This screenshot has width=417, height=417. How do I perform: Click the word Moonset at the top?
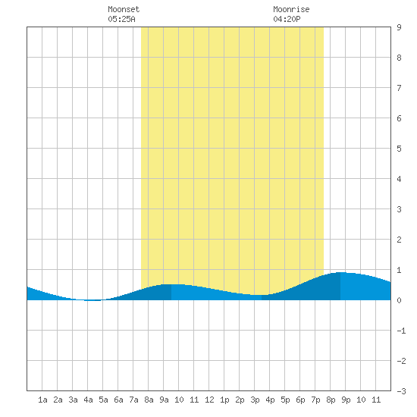coord(124,9)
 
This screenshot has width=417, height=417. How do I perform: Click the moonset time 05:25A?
coord(121,19)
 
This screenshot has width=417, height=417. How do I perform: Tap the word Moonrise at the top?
coord(291,9)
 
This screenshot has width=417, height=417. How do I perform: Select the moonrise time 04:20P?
coord(287,19)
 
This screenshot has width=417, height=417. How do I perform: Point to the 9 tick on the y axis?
coord(399,27)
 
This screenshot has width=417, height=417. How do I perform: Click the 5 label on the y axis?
coord(399,149)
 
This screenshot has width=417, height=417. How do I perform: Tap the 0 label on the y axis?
coord(399,300)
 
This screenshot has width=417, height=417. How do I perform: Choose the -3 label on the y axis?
coord(401,391)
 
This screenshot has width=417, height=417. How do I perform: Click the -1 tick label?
coord(401,331)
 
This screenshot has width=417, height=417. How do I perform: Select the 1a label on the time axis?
coord(42,400)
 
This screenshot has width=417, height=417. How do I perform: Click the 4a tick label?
coord(88,400)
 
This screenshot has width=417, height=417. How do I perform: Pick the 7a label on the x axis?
coord(133,400)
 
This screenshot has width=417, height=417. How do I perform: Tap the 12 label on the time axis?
coord(209,400)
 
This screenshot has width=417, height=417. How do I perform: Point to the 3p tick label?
coord(255,400)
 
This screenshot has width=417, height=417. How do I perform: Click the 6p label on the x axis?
coord(300,400)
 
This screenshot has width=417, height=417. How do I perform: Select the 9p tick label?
coord(346,400)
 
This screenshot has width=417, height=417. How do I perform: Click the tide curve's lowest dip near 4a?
coord(92,300)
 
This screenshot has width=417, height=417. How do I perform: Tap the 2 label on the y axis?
coord(399,240)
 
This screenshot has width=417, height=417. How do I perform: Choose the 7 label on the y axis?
coord(399,88)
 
